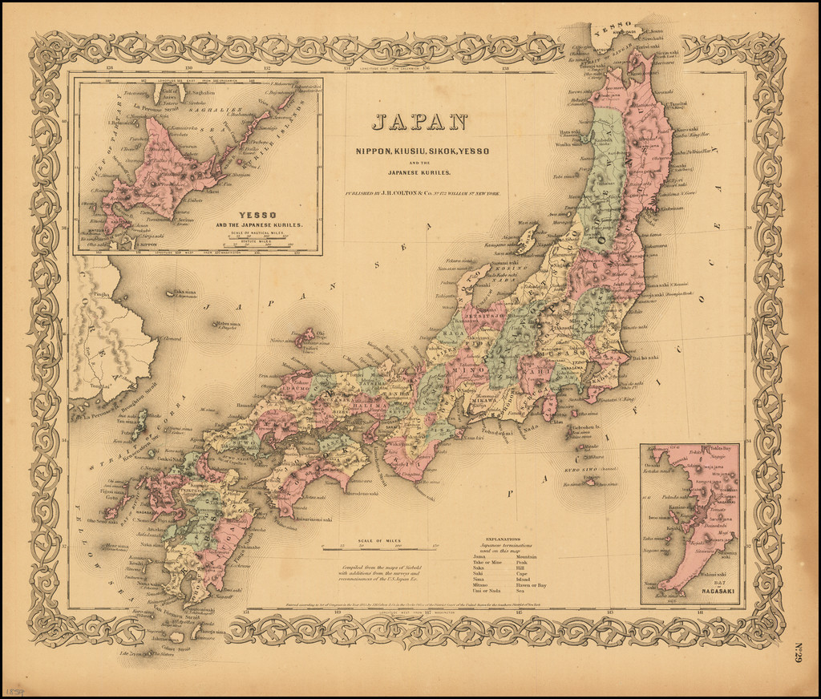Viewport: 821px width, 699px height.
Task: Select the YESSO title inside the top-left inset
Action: pos(258,215)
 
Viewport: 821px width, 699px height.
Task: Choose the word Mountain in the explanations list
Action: pos(528,556)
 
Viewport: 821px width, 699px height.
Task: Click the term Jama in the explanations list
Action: pos(478,556)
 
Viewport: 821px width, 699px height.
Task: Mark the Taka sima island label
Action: pos(185,293)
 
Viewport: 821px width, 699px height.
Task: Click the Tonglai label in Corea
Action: pos(99,385)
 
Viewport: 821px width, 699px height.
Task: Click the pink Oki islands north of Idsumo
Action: pos(305,337)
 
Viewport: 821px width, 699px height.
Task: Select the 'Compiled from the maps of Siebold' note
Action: pos(379,572)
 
